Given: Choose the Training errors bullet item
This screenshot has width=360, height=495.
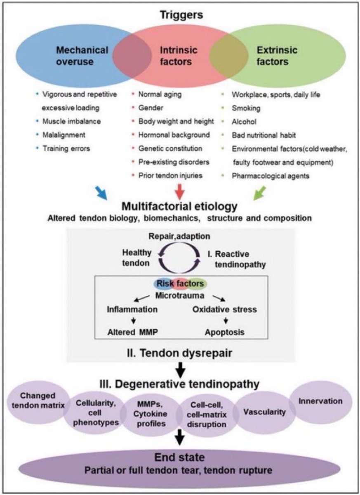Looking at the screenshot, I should point(66,148).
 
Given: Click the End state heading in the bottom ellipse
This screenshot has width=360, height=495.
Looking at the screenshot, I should point(180,457).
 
